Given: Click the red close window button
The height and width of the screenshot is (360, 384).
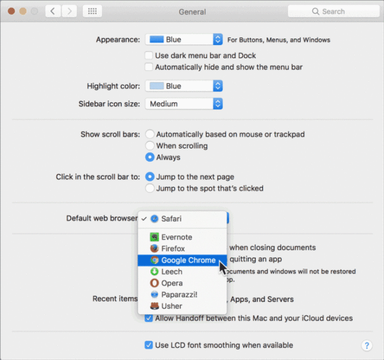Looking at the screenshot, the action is [11, 11].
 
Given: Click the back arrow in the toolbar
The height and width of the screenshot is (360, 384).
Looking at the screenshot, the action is [53, 11].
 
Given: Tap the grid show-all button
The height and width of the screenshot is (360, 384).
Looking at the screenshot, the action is [92, 11].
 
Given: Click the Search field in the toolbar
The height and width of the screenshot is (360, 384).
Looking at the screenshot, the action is [334, 11].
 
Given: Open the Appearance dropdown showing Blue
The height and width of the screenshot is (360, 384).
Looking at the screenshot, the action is [184, 40].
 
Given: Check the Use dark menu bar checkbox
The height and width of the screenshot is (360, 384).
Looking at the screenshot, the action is [149, 55].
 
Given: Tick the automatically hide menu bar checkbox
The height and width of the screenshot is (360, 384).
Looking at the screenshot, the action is [149, 67].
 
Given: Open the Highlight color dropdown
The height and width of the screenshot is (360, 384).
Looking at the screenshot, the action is [184, 86].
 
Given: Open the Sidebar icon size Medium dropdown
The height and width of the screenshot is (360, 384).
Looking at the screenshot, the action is [184, 104].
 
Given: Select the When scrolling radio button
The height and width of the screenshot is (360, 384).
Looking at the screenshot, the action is [149, 146].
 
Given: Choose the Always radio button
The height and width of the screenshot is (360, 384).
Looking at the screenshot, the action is [149, 157].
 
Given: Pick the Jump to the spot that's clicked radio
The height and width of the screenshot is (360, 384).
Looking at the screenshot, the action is [149, 188].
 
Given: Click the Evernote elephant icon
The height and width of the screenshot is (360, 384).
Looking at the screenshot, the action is [154, 237].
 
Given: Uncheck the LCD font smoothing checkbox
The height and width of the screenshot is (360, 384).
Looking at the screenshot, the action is [149, 345].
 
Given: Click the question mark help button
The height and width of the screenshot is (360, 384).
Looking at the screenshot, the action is [367, 346].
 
